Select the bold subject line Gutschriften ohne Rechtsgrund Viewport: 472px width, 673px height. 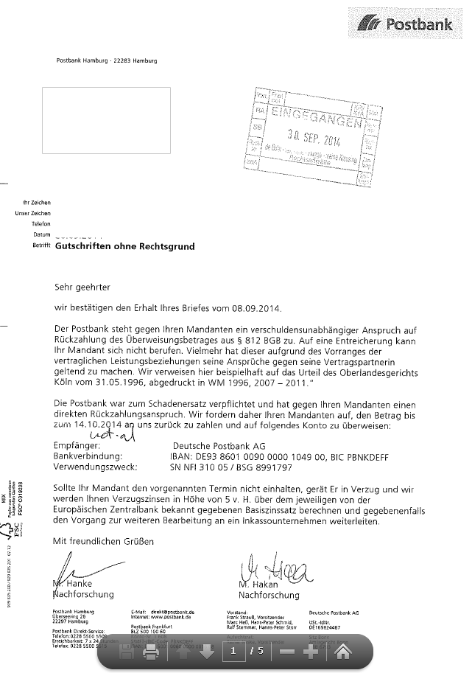coord(125,248)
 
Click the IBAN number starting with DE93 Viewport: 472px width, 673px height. coord(278,457)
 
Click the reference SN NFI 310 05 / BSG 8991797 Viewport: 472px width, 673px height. coord(232,467)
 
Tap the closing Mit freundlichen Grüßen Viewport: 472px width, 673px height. coord(103,542)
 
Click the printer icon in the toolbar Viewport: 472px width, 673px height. coord(150,652)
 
